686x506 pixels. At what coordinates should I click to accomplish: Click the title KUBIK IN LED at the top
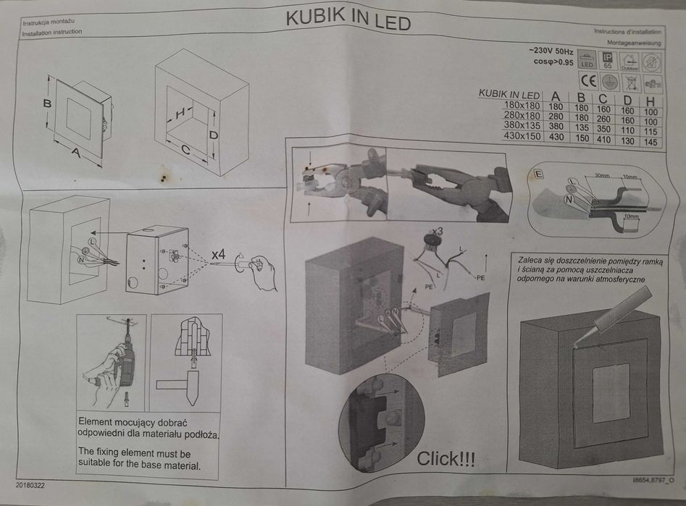tap(348, 20)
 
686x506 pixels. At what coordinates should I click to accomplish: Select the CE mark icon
tap(588, 80)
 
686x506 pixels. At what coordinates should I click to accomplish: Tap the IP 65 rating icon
tap(608, 60)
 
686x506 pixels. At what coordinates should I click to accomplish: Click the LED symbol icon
tap(587, 61)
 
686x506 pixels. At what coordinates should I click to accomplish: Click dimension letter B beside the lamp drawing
tap(46, 104)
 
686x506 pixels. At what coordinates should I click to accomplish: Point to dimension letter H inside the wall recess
tap(180, 113)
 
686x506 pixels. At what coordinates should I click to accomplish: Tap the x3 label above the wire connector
tap(437, 232)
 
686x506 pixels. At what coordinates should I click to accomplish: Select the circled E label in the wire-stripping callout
tap(538, 173)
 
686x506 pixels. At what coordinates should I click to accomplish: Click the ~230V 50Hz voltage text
tap(551, 51)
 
